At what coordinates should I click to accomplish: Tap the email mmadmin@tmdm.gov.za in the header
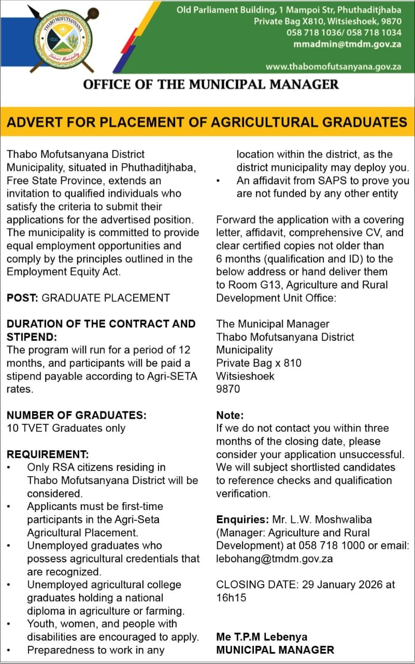[x=347, y=44]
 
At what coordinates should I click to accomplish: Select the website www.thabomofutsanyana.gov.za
[x=334, y=67]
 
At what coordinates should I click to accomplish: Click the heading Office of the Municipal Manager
[x=211, y=84]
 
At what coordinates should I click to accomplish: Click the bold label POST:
[x=22, y=298]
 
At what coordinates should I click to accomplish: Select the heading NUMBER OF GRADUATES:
[x=76, y=415]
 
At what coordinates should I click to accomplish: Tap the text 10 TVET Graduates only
[x=66, y=428]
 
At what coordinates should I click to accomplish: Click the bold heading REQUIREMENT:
[x=48, y=454]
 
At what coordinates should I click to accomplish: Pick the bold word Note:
[x=230, y=415]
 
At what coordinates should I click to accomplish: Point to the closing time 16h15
[x=231, y=598]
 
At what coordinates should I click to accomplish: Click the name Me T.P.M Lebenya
[x=262, y=637]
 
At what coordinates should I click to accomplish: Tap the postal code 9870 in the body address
[x=228, y=389]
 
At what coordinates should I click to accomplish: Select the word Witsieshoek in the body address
[x=245, y=376]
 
